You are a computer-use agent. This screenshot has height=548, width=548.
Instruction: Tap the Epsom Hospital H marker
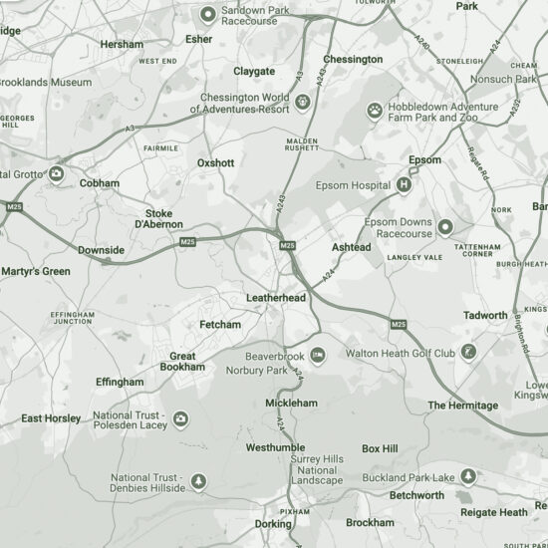[x=405, y=184]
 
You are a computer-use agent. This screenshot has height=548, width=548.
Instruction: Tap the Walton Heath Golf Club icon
[x=469, y=352]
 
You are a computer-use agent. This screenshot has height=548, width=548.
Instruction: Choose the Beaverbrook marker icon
[x=318, y=356]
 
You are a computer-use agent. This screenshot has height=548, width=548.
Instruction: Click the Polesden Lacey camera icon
[x=180, y=419]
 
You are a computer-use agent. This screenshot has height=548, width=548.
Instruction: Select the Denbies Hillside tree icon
[x=198, y=482]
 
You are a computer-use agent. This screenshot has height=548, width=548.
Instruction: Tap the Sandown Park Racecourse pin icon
[x=207, y=14]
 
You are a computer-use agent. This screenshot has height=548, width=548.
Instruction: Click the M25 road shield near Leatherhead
[x=287, y=244]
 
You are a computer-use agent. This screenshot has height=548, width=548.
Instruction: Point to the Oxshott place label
[x=215, y=162]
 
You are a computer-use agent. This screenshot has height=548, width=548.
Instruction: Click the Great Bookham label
[x=182, y=362]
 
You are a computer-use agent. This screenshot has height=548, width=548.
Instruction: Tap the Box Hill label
[x=380, y=448]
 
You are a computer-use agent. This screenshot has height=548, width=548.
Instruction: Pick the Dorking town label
[x=273, y=523]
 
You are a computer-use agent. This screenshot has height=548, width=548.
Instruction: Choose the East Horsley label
[x=52, y=418]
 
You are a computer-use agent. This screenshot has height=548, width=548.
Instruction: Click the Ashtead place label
[x=351, y=246]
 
